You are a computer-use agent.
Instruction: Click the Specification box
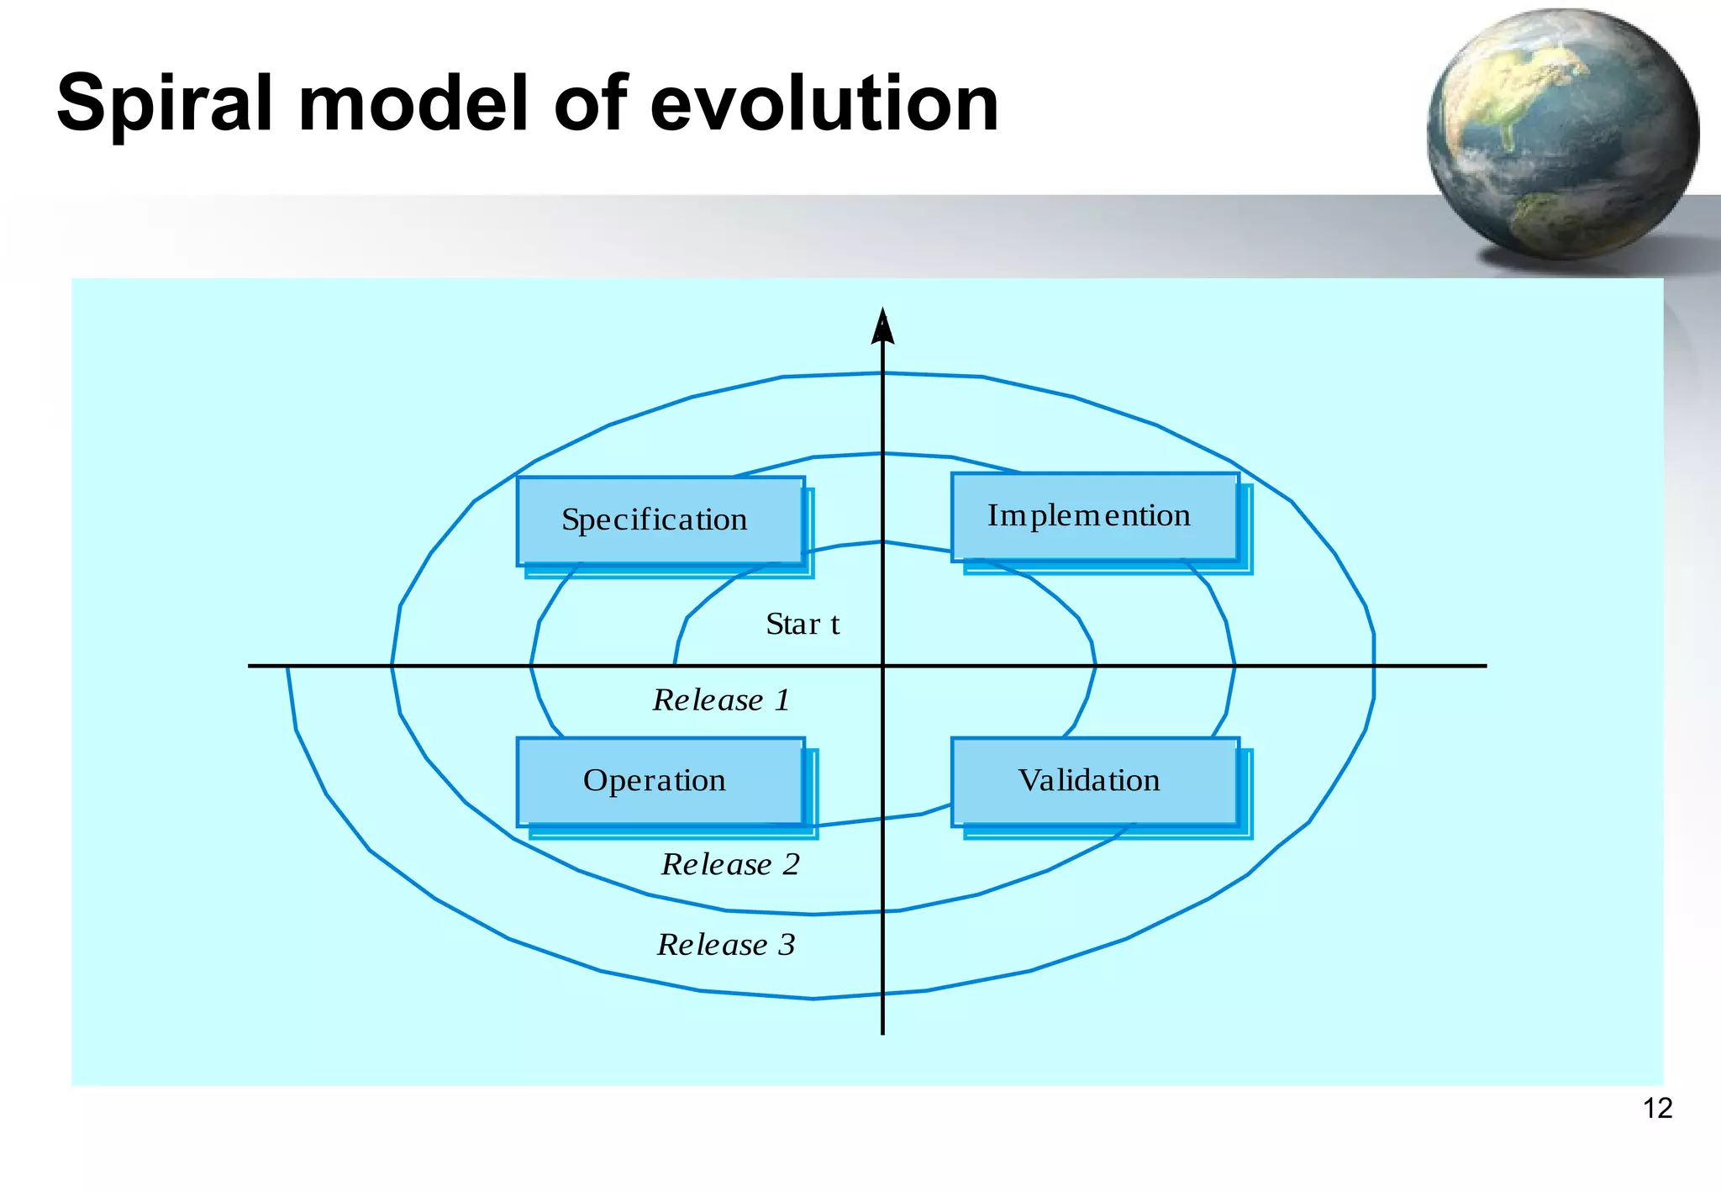[x=661, y=520]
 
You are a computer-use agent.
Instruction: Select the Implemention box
[x=1094, y=516]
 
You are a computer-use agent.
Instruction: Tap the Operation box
[x=661, y=781]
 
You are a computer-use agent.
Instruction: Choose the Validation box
[x=1094, y=781]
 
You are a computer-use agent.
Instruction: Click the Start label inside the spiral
[x=803, y=625]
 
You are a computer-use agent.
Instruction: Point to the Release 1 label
[x=721, y=700]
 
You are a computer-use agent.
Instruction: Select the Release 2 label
[x=729, y=864]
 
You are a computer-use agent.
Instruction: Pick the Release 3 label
[x=725, y=945]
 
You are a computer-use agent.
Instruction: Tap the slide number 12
[x=1657, y=1109]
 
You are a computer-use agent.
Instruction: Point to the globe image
[x=1563, y=134]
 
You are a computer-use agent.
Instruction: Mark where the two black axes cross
[x=882, y=666]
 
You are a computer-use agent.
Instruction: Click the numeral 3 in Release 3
[x=787, y=945]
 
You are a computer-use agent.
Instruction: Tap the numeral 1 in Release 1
[x=782, y=700]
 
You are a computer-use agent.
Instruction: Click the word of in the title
[x=591, y=104]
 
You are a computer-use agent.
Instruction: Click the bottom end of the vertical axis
[x=882, y=1031]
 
